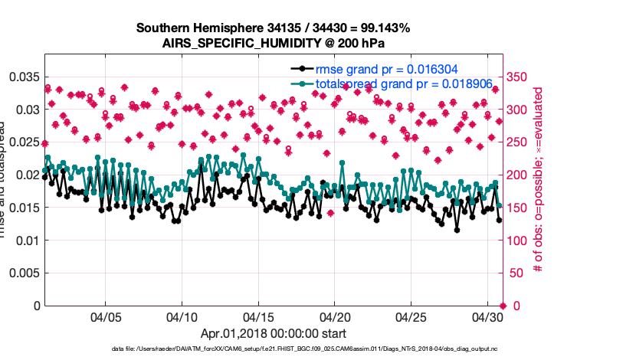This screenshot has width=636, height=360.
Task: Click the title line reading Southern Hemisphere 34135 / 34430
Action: point(273,28)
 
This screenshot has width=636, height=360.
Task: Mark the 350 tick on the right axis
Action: point(521,77)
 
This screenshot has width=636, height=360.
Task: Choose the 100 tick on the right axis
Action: point(521,241)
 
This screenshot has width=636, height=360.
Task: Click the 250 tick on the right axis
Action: point(521,142)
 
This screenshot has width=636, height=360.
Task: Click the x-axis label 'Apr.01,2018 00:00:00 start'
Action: point(273,333)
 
